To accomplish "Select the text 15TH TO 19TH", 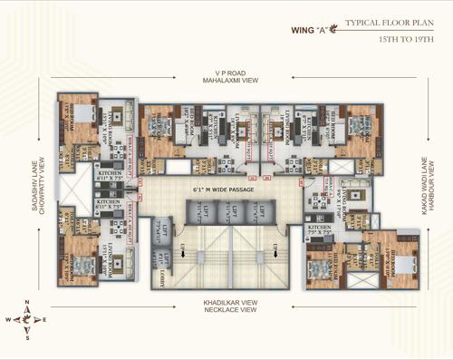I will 403,40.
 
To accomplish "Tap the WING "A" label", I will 312,28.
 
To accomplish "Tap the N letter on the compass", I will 26,303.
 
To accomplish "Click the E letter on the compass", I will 45,320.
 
